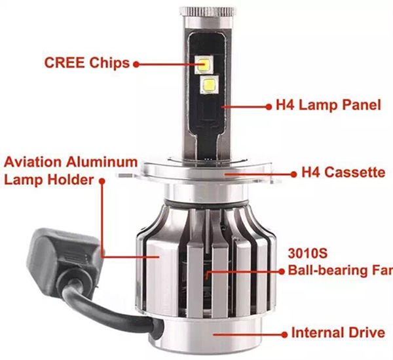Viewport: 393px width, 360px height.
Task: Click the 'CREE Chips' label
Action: (x=87, y=63)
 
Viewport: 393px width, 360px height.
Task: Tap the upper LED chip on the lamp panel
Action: (x=204, y=64)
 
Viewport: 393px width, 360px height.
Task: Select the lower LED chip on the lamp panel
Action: (x=209, y=85)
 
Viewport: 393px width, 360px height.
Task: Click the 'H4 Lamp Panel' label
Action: (x=328, y=105)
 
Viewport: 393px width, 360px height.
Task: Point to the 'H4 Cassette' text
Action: (x=343, y=172)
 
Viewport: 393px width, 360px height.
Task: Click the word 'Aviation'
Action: (x=33, y=162)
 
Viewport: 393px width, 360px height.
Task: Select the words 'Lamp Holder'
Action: (x=49, y=180)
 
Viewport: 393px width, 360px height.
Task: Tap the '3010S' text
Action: (x=308, y=253)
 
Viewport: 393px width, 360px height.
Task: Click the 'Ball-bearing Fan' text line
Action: (x=341, y=271)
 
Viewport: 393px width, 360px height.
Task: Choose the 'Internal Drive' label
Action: (x=338, y=333)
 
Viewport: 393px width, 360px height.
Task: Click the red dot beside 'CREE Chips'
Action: (x=136, y=64)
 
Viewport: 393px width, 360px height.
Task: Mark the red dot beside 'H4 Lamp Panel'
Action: (x=269, y=107)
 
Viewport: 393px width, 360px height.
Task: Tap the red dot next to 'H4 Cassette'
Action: (x=293, y=174)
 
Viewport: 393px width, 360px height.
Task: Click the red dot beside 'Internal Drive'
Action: (x=284, y=334)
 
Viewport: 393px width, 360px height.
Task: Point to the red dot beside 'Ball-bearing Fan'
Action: (x=282, y=271)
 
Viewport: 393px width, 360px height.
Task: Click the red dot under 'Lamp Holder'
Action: (x=102, y=181)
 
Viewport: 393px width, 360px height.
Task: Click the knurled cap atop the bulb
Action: (x=207, y=11)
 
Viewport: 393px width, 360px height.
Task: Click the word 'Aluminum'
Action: (x=102, y=162)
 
